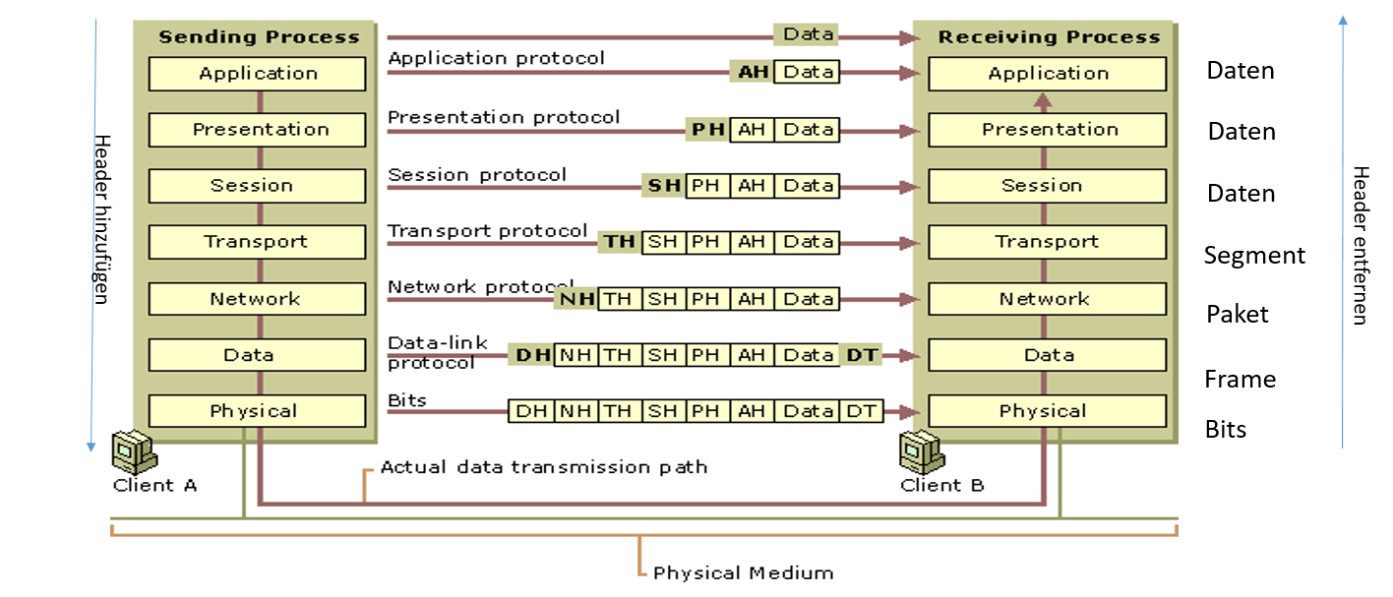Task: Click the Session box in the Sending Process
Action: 257,186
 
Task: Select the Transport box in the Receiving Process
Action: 1047,242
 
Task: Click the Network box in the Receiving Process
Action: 1047,299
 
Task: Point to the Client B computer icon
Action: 919,451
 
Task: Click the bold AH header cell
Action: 752,72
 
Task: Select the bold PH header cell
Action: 707,129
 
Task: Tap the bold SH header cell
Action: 664,185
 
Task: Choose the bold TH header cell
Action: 620,242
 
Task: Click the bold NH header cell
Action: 576,298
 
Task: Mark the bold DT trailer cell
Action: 862,355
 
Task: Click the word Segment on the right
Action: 1254,256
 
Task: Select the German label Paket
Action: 1238,315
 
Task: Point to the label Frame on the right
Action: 1240,380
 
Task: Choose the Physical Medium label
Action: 743,573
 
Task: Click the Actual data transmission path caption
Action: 544,467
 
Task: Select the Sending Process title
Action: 259,37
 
